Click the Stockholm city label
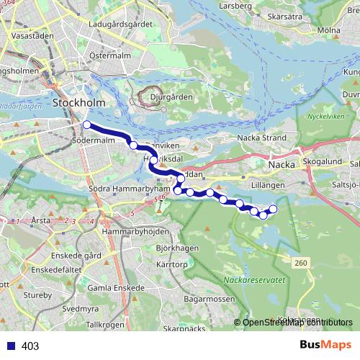pyautogui.click(x=79, y=103)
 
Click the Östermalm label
pyautogui.click(x=109, y=55)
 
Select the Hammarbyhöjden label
pyautogui.click(x=135, y=232)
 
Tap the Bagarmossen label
pyautogui.click(x=210, y=298)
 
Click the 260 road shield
pyautogui.click(x=300, y=262)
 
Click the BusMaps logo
pyautogui.click(x=325, y=345)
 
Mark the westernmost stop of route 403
pyautogui.click(x=86, y=125)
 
